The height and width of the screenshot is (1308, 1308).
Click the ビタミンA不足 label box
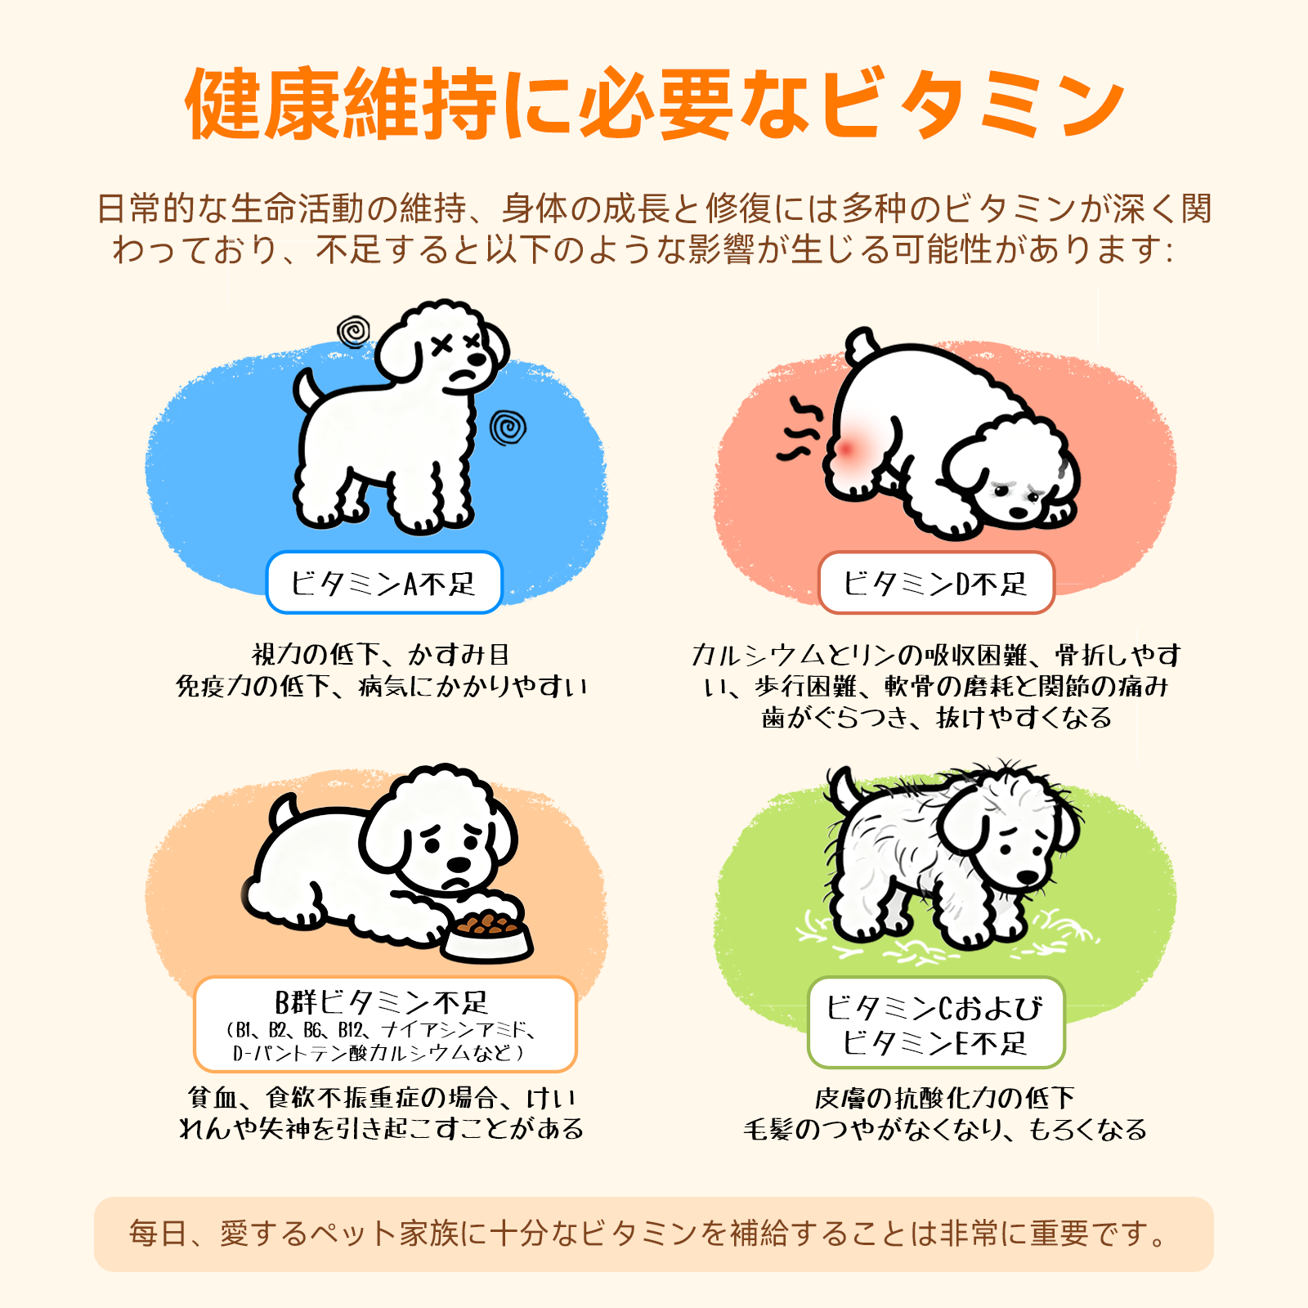383,583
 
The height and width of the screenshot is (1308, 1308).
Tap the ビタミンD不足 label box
936,583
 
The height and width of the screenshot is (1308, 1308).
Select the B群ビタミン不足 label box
385,1024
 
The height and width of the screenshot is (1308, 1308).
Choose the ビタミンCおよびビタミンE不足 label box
936,1023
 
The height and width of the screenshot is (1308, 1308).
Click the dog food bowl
488,936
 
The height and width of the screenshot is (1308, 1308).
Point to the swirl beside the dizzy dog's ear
354,332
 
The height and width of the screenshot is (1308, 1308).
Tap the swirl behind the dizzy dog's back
508,428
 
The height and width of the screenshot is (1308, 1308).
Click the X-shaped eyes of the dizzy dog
457,344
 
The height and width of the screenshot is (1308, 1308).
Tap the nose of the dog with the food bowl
459,864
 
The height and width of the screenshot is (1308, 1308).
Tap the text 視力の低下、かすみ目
381,655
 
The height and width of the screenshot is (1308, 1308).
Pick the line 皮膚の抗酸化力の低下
944,1098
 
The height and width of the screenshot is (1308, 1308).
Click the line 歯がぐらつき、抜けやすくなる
937,718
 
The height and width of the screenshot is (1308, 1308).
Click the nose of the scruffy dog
1028,877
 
